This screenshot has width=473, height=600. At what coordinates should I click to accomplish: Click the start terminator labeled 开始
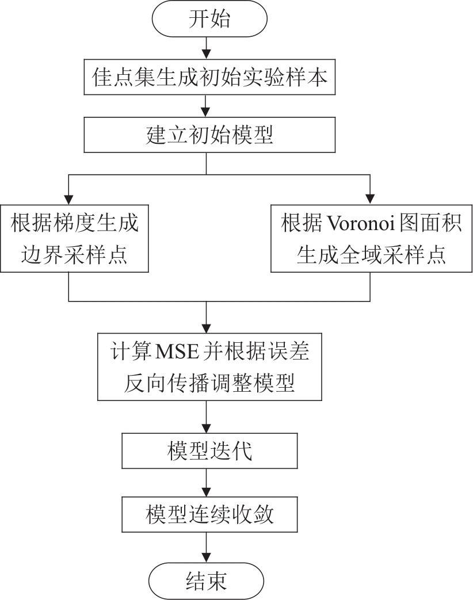coord(209,20)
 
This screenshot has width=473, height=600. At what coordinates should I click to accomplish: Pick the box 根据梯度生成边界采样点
coord(75,238)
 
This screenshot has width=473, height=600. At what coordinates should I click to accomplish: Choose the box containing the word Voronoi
coord(371,238)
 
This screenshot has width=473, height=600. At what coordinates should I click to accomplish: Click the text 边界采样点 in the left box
coord(75,253)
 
